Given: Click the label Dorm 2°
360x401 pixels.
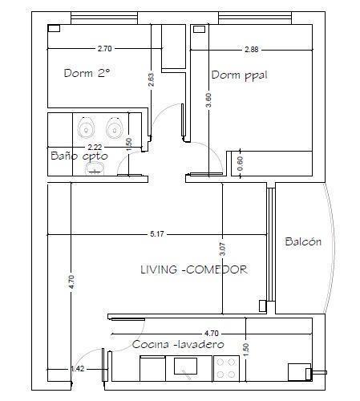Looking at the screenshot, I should click(87, 72).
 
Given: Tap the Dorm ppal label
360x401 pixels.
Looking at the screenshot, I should click(239, 75).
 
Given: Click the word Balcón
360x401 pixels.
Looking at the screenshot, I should click(303, 241).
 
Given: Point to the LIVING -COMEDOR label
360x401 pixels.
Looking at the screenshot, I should click(193, 269).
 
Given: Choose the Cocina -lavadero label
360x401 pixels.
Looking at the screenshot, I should click(178, 345).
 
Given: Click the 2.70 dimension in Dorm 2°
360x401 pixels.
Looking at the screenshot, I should click(104, 49).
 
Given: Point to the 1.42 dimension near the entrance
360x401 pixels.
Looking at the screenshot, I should click(78, 369).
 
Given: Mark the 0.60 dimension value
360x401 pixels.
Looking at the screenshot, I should click(240, 160).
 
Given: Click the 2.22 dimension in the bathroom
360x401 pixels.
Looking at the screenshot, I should click(95, 147).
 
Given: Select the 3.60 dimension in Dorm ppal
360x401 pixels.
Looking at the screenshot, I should click(208, 100).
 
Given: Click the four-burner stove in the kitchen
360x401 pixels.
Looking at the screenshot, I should click(226, 368).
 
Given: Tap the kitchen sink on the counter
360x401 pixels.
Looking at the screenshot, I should click(187, 368).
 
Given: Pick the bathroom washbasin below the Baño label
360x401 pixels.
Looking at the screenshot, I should click(96, 169).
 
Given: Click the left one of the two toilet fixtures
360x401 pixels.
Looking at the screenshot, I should click(86, 128).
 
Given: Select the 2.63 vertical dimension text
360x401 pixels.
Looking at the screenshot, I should click(151, 80).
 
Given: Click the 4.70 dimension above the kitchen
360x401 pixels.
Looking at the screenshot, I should click(212, 332).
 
